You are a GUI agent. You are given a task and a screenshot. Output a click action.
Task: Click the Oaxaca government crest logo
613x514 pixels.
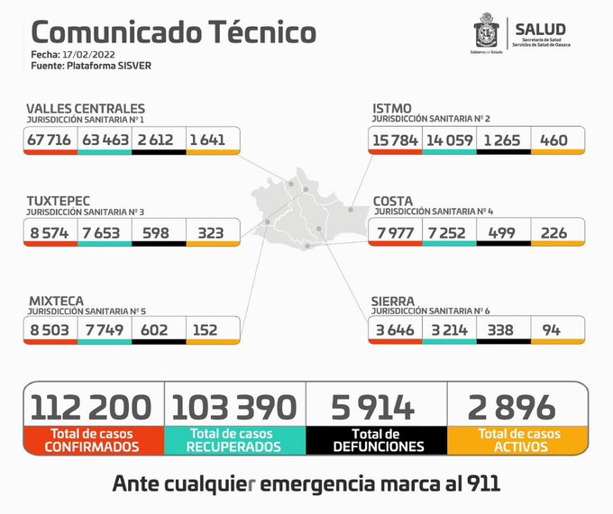(x=487, y=33)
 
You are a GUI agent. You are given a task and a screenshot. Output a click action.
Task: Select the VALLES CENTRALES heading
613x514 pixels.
(x=85, y=108)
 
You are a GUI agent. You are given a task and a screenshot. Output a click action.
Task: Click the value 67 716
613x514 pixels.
(x=50, y=140)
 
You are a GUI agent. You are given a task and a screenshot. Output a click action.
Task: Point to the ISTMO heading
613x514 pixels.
(x=392, y=108)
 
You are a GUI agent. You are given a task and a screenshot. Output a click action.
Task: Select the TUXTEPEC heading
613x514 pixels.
(x=59, y=200)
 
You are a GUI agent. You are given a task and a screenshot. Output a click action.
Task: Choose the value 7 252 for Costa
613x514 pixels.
(x=448, y=232)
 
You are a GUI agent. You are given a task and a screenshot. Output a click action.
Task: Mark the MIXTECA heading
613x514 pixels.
(x=56, y=299)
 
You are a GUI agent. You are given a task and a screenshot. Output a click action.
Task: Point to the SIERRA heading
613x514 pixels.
(x=394, y=299)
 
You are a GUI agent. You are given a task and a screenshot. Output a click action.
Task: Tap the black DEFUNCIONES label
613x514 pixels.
(x=377, y=440)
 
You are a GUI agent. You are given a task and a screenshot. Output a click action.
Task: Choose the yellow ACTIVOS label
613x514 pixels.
(x=518, y=440)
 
